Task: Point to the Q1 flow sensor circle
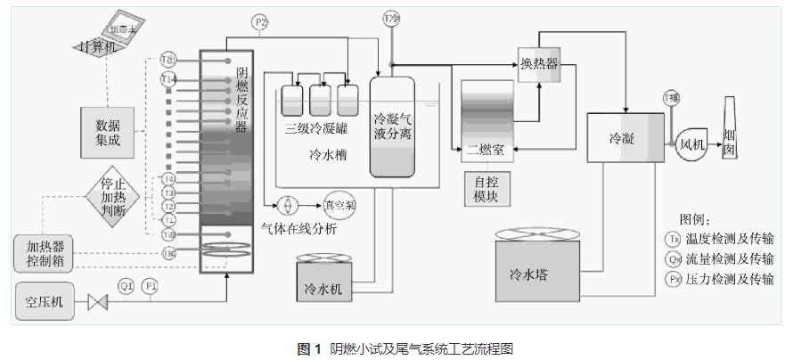(x=126, y=286)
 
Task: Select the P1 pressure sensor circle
(x=151, y=286)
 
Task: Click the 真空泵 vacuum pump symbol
(x=339, y=203)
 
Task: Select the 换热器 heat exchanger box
(x=539, y=63)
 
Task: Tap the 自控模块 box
(x=486, y=189)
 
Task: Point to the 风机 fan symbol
(x=692, y=142)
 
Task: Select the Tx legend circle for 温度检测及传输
(x=673, y=239)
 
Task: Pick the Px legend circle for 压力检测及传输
(x=673, y=279)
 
